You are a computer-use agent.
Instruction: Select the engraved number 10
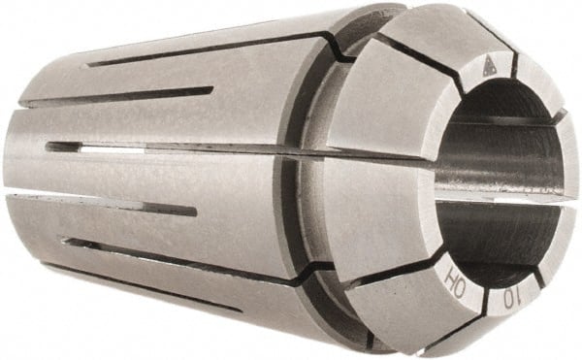[x=508, y=296]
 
